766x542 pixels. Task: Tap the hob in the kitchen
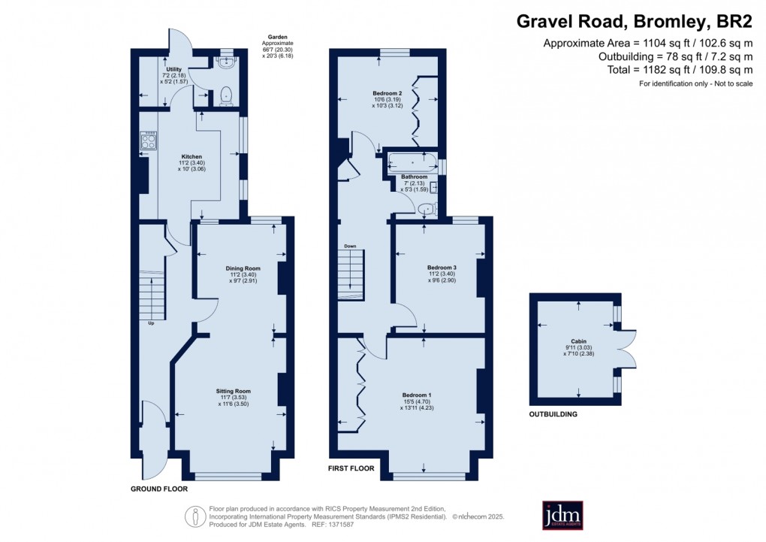pyautogui.click(x=147, y=141)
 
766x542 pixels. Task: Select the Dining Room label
pyautogui.click(x=243, y=268)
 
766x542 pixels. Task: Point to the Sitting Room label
pyautogui.click(x=233, y=392)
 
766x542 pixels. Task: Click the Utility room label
pyautogui.click(x=174, y=69)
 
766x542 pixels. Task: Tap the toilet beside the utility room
pyautogui.click(x=225, y=95)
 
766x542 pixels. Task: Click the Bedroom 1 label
pyautogui.click(x=417, y=395)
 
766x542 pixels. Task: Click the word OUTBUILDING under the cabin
pyautogui.click(x=553, y=414)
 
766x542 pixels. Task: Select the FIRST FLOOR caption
pyautogui.click(x=351, y=468)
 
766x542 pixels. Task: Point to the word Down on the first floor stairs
pyautogui.click(x=350, y=246)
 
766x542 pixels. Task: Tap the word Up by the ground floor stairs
pyautogui.click(x=151, y=324)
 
